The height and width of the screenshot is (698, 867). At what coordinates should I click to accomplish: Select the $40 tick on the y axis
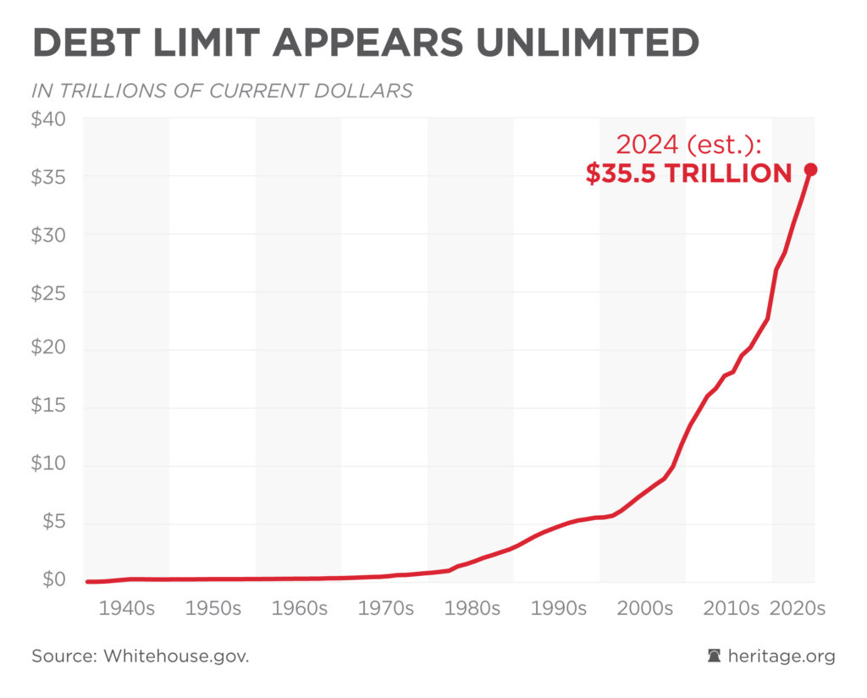pos(48,119)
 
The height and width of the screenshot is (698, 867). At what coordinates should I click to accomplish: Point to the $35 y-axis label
pos(48,177)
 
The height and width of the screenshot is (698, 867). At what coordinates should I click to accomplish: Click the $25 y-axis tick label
pos(48,292)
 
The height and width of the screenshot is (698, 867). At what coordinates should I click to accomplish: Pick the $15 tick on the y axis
pos(48,407)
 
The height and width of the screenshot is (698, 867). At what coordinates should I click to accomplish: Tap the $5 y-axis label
pos(52,523)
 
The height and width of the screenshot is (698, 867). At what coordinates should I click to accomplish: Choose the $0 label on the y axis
pos(52,580)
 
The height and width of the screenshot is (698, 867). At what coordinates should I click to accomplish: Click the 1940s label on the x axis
pos(127,609)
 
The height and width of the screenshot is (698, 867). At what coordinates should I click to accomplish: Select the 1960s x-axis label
pos(299,609)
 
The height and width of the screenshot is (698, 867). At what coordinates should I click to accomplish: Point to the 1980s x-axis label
pos(471,609)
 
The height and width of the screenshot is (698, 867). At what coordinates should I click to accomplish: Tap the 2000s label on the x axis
pos(643,609)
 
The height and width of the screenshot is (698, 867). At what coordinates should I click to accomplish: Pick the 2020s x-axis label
pos(796,609)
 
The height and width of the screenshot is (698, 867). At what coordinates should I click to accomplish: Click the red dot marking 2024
pos(810,169)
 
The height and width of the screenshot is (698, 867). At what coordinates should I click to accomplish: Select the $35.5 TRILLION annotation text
pos(689,174)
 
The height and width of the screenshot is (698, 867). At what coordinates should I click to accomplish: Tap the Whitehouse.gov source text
pos(176,656)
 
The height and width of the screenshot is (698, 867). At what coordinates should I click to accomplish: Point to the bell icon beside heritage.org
pos(715,656)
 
